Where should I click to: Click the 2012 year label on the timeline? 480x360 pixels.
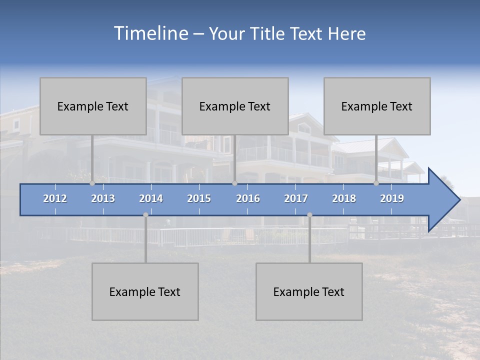point(55,198)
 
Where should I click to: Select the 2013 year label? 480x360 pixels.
point(103,198)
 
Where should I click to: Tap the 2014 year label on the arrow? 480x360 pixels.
point(151,198)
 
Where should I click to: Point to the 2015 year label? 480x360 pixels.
point(199,198)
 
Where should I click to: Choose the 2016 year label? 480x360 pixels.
point(248,198)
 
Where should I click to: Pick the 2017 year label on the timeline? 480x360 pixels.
point(296,198)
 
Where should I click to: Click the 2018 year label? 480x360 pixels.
point(344,198)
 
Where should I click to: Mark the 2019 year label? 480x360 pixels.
point(392,198)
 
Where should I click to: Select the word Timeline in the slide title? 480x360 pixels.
point(150,33)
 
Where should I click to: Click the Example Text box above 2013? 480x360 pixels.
point(93,106)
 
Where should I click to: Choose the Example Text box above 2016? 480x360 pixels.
point(235,106)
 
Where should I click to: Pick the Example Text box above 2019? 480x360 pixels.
point(377,106)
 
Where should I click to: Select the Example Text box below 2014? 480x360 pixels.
point(145,291)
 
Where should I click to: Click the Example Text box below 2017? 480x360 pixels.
point(309,291)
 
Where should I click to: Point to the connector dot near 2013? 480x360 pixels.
point(92,183)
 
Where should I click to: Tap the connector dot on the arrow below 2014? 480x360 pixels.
point(145,215)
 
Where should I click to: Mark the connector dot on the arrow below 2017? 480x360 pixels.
point(309,215)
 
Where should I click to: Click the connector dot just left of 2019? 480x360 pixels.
point(376,183)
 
